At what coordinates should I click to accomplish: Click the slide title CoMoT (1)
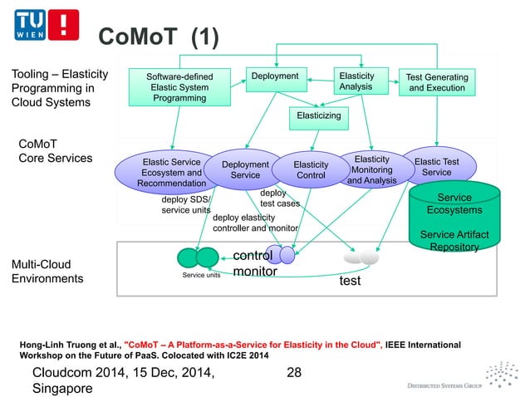(x=155, y=37)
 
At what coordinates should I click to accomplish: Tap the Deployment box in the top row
(x=275, y=77)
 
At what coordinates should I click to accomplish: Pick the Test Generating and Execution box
(x=437, y=83)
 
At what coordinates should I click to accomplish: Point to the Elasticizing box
(x=319, y=116)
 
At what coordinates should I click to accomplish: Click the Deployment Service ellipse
(x=245, y=169)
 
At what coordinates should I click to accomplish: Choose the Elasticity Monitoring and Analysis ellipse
(x=371, y=169)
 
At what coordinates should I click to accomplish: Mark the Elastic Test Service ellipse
(x=436, y=167)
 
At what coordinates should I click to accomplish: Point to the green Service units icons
(x=198, y=257)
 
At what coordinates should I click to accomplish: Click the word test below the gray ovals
(x=351, y=282)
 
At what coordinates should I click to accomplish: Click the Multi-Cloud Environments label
(x=48, y=272)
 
